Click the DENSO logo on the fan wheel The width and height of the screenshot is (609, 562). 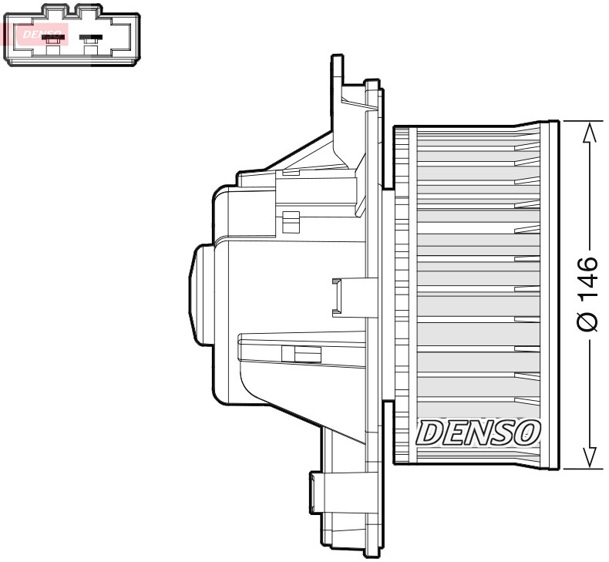478,433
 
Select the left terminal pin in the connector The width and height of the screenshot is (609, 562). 52,38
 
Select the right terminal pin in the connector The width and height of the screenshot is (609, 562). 92,38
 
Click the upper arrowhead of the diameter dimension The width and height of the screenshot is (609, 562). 589,133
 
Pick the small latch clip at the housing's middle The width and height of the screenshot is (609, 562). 338,296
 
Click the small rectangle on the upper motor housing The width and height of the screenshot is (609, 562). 291,221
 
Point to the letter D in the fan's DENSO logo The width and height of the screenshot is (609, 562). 429,433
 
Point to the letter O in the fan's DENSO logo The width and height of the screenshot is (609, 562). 527,433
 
